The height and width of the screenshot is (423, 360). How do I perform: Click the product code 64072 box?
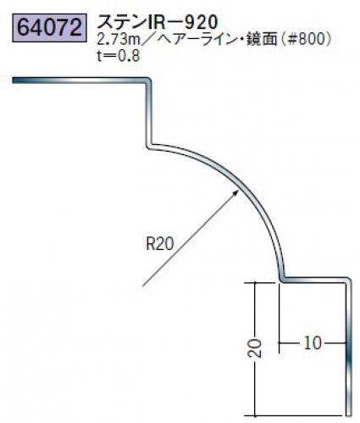49,27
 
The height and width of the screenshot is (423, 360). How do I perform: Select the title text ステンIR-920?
158,22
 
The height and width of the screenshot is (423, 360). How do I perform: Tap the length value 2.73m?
119,40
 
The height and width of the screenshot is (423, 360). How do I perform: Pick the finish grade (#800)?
307,40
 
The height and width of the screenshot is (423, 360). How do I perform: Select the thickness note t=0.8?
119,56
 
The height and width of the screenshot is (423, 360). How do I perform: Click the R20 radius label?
160,243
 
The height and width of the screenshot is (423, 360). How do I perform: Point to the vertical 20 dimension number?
256,348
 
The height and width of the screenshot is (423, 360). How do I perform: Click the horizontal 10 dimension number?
313,343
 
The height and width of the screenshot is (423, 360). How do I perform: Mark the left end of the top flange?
14,81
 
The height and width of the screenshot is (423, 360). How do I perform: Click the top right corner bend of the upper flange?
149,81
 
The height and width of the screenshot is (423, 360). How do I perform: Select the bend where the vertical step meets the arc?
150,146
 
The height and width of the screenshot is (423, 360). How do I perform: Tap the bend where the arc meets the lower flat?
282,280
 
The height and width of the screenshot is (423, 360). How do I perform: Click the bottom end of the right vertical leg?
349,415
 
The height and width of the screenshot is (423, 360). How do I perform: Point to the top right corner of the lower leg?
349,280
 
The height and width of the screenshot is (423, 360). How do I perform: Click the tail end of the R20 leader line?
143,286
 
